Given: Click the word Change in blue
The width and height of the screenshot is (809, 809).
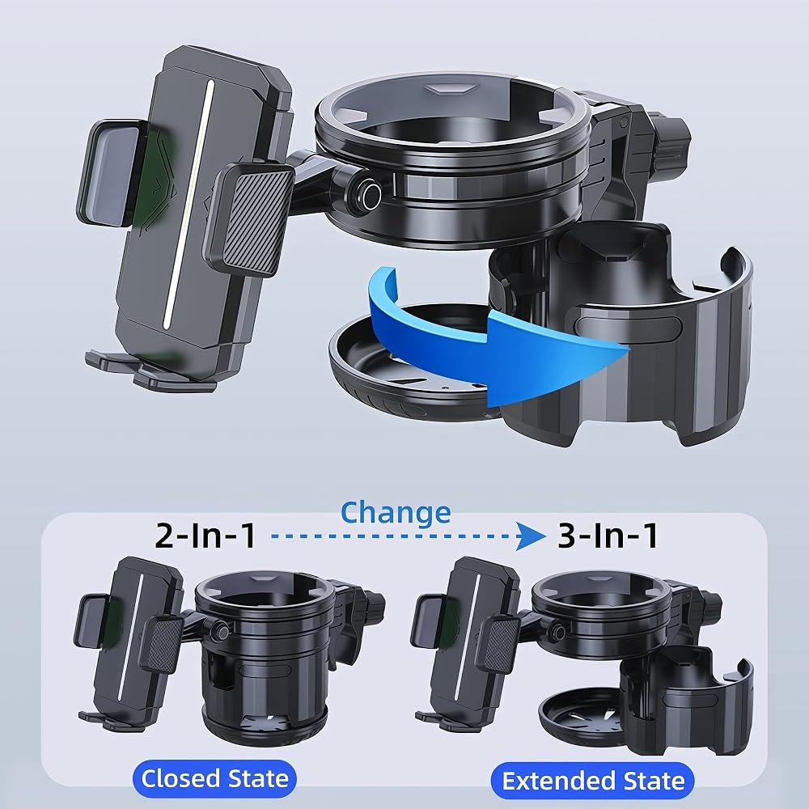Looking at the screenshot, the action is point(396,514).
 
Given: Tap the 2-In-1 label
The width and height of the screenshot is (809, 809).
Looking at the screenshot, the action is point(205,536).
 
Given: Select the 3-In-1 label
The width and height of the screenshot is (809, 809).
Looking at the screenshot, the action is point(608,536).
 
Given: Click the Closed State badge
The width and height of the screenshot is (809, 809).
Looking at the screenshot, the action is point(214,778).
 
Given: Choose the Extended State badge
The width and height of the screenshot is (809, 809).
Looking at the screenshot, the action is point(593,781).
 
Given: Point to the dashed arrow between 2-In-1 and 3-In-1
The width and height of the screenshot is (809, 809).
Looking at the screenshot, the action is point(408,536).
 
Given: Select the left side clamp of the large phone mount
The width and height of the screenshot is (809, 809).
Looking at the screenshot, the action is point(110,173).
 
